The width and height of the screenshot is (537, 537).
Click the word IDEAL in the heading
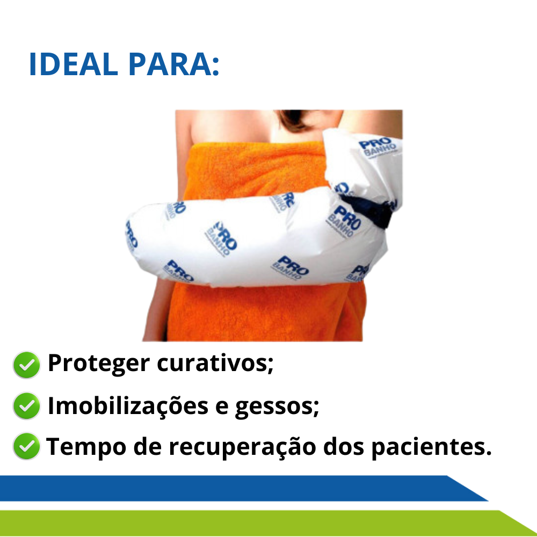(74, 64)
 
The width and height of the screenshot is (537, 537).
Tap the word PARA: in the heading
(174, 64)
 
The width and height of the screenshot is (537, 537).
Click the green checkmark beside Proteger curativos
(26, 365)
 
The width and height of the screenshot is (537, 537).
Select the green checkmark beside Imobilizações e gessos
(26, 406)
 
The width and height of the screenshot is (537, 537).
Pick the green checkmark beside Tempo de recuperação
(26, 446)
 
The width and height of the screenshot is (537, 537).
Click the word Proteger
(99, 364)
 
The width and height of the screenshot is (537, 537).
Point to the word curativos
(215, 363)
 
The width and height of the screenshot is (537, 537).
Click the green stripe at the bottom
(267, 523)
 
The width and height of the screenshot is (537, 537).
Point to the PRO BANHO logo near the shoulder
(378, 147)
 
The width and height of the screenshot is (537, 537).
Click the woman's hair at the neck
(294, 120)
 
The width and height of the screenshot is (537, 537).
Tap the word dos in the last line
(344, 447)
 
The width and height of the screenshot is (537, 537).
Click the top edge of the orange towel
(257, 144)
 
